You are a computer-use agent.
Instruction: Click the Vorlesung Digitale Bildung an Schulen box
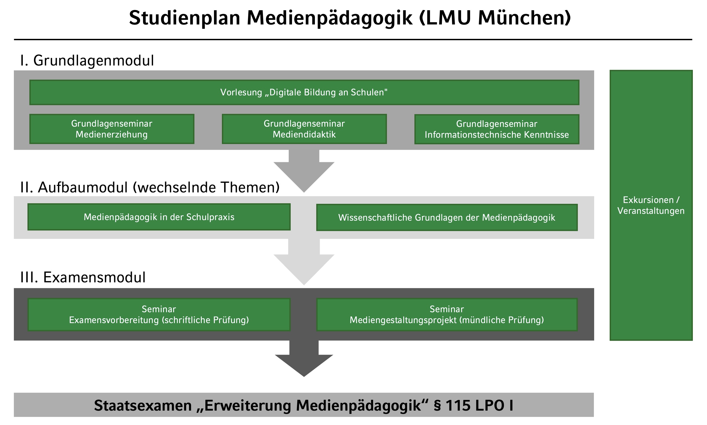(304, 92)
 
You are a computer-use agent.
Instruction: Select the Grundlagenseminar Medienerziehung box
(111, 129)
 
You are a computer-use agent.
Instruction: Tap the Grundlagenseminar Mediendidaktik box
(304, 129)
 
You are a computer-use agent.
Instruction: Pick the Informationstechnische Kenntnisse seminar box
(496, 129)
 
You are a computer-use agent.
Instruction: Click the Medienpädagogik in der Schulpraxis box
(159, 217)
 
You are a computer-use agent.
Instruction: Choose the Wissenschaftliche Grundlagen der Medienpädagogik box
(446, 217)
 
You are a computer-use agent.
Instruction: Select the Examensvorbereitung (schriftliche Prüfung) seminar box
(159, 314)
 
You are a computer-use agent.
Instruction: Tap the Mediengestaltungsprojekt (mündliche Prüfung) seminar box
(446, 314)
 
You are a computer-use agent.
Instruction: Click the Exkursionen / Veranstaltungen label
(650, 205)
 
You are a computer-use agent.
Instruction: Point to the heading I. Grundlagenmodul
(87, 60)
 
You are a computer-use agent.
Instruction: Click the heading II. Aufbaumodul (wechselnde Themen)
(150, 187)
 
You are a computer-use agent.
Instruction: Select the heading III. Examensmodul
(83, 277)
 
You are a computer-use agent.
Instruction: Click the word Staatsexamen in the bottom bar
(143, 405)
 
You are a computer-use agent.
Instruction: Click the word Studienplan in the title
(184, 18)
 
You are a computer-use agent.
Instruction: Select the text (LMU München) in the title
(495, 18)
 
